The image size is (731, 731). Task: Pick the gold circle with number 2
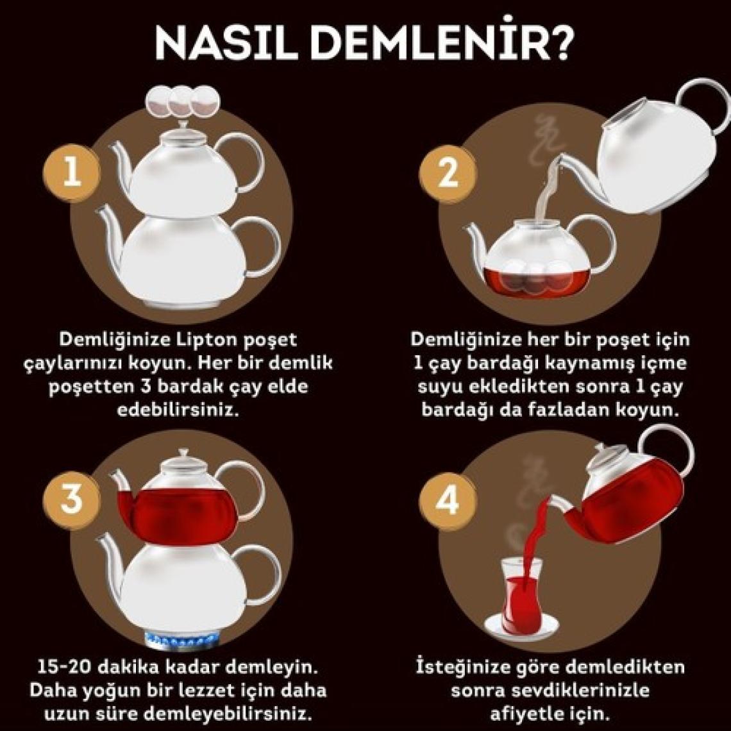pyautogui.click(x=448, y=172)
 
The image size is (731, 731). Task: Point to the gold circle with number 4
pyautogui.click(x=448, y=502)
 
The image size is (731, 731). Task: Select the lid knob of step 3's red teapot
pyautogui.click(x=183, y=453)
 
